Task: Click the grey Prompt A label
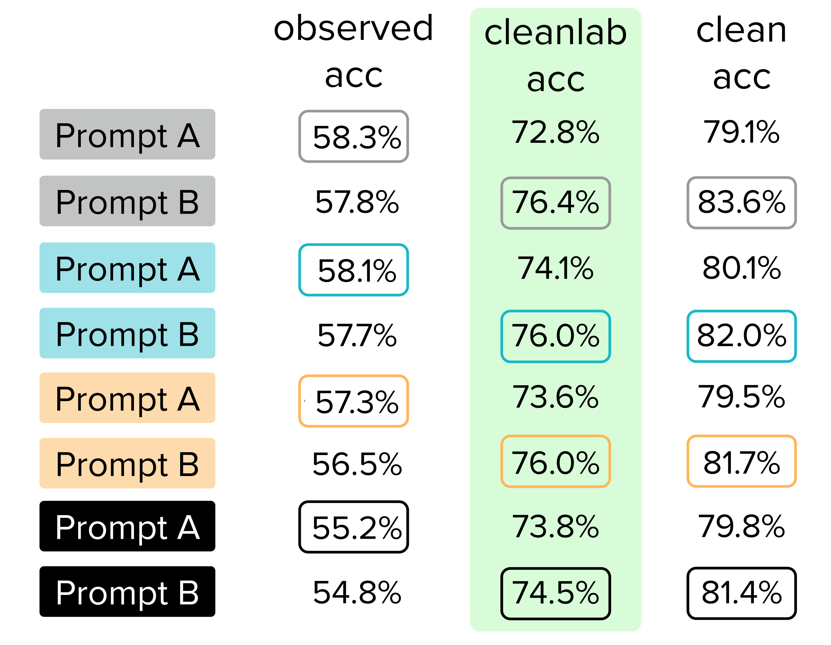point(127,134)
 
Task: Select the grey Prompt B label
point(127,201)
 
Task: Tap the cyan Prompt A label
point(127,268)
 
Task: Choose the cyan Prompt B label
point(127,333)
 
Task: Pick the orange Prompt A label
point(127,398)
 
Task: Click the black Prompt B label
point(127,592)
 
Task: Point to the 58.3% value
point(353,137)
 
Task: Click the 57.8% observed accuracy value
point(357,202)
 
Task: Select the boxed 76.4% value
point(555,203)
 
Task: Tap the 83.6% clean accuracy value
point(742,203)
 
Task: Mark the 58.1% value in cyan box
point(353,270)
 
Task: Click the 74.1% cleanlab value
point(555,268)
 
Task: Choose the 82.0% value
point(742,336)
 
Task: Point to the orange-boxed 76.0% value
point(555,461)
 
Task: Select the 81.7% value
point(742,461)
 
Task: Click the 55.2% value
point(353,527)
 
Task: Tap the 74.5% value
point(555,593)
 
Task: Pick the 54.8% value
point(357,592)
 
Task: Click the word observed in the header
point(353,29)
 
